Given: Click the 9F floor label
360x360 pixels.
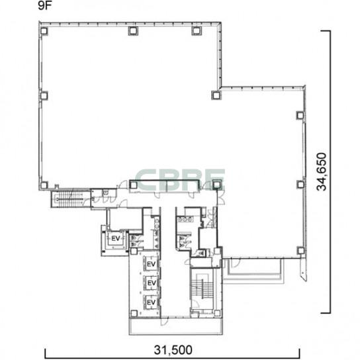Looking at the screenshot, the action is pos(44,6).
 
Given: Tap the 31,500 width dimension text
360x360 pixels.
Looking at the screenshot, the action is pos(173,350).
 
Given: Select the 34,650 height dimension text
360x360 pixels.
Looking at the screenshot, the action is pos(322,172).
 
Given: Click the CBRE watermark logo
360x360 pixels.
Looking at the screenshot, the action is pos(180,179).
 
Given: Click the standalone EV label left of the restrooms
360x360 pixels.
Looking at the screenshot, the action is pos(116,238).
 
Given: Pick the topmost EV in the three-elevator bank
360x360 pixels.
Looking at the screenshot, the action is pos(151,264).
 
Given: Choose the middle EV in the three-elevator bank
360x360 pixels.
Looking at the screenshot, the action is pos(152,283).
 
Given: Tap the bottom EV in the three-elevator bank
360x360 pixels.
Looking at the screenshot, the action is pos(151,302).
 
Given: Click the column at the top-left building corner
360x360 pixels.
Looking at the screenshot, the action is pos(44,30).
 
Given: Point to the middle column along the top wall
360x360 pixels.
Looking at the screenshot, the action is pos(133,30).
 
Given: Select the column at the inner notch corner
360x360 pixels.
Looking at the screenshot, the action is pos(216,95).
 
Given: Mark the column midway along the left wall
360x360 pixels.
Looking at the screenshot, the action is pos(44,95).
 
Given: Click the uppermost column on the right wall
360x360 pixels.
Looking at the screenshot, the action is pos(300,115).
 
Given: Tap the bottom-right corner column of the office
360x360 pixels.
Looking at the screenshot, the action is pos(300,251).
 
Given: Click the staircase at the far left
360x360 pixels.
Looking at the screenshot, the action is pos(70,199).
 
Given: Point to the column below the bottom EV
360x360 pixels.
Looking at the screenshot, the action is pos(134,313).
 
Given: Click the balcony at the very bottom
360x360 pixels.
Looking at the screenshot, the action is pos(175,326).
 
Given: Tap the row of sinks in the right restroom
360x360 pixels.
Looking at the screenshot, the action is pos(185,220).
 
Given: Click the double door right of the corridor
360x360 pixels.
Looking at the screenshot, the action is pos(221,198).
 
